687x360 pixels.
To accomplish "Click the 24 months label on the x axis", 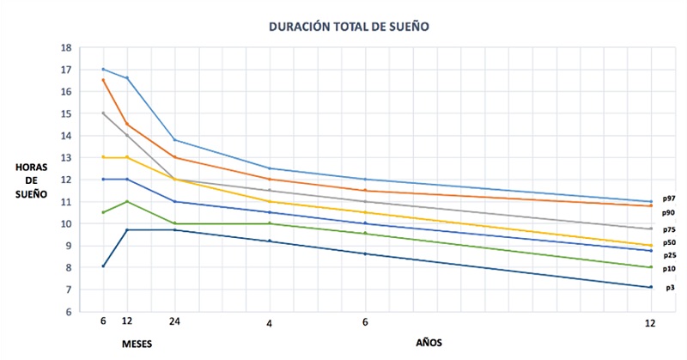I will point(175,323).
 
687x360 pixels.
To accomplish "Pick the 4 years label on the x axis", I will point(270,323).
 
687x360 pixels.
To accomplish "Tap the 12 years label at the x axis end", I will point(650,323).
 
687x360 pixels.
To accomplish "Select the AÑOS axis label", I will point(429,342).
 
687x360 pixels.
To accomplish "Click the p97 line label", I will point(668,198).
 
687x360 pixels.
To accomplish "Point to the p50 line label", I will point(668,243).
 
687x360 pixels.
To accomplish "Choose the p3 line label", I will point(670,287).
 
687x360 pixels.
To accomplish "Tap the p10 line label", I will point(668,269).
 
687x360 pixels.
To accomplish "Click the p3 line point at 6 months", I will point(103,265).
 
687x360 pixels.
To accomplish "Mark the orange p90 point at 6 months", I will point(103,80).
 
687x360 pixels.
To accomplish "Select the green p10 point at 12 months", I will point(127,201).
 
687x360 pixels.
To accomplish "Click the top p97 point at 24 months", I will point(175,139).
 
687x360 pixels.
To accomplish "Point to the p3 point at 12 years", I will point(650,287).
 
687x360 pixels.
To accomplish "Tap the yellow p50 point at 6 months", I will point(103,157).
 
